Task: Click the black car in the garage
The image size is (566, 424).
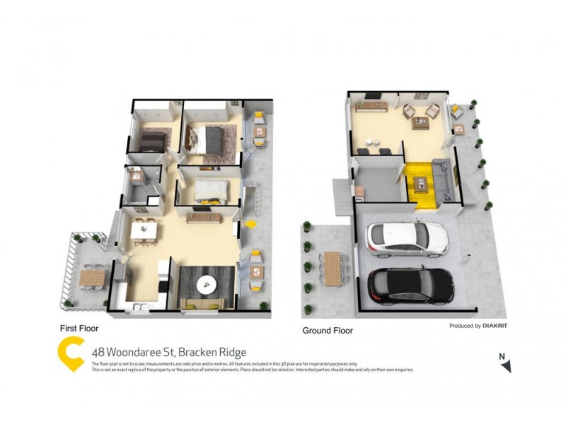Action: [411, 284]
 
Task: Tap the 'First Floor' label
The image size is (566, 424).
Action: [79, 329]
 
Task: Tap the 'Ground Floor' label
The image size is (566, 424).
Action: [328, 330]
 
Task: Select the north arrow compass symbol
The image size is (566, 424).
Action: [504, 363]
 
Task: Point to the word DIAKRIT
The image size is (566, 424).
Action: [501, 326]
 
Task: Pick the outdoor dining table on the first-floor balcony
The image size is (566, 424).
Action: [91, 276]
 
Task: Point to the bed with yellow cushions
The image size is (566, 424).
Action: [209, 191]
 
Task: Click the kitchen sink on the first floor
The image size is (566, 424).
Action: [139, 306]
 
